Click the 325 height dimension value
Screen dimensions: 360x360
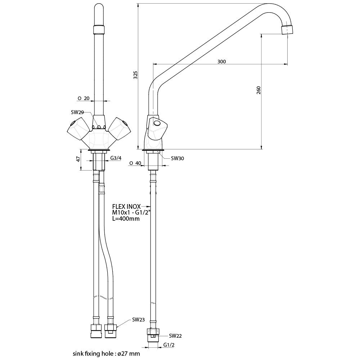click(136, 75)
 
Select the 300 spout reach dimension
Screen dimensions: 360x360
click(221, 62)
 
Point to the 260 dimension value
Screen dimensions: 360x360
click(258, 90)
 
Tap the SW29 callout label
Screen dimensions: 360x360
click(77, 112)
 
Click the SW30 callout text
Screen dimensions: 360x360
click(177, 158)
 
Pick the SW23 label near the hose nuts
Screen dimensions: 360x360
click(139, 320)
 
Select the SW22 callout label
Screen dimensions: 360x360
click(175, 336)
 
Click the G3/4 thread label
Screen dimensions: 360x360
click(116, 158)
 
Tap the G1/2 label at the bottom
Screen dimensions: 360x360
click(169, 345)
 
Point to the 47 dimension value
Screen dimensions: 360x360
click(78, 159)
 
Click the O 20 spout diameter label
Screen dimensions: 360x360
click(84, 99)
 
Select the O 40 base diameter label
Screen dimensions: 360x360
click(135, 163)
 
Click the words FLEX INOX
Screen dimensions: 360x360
click(126, 206)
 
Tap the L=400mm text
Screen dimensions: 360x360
click(126, 219)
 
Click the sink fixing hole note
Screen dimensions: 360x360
click(106, 354)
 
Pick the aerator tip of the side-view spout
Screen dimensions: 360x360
click(287, 30)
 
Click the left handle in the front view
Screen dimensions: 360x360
click(78, 129)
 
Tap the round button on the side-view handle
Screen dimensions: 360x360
click(158, 123)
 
